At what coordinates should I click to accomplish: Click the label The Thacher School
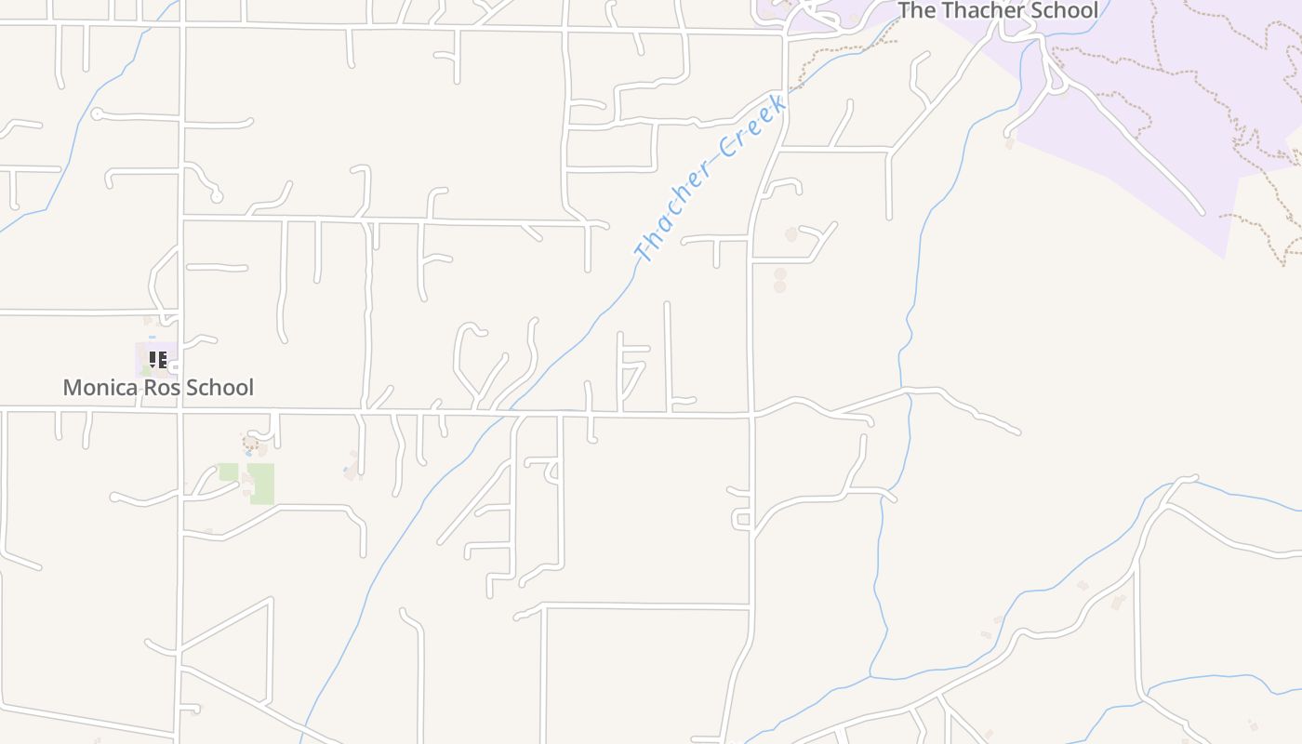tap(997, 10)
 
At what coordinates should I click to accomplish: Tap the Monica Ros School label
tap(158, 388)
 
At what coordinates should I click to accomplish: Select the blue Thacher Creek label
tap(711, 177)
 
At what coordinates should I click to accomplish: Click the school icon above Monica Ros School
tap(158, 359)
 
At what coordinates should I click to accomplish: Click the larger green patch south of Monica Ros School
tap(261, 484)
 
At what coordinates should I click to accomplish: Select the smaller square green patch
tap(229, 472)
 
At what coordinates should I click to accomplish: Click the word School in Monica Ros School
tap(219, 388)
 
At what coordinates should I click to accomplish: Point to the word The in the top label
tap(917, 10)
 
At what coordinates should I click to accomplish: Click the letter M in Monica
tap(71, 388)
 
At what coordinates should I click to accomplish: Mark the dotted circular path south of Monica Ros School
tap(251, 443)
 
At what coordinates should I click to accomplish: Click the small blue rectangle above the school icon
tap(153, 337)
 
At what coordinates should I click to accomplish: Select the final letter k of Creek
tap(778, 100)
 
